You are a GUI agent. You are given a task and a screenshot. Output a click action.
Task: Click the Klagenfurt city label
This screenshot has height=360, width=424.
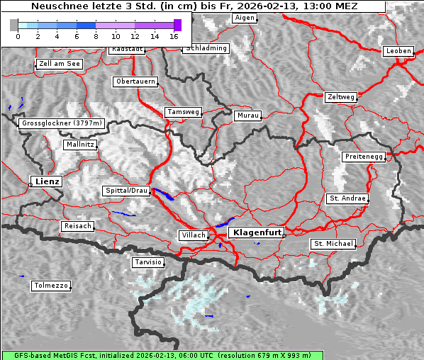[x=257, y=232]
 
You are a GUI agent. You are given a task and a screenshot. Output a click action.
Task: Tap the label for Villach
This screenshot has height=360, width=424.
[x=194, y=235]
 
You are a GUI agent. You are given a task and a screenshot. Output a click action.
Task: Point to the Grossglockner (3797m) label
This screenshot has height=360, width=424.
[x=62, y=123]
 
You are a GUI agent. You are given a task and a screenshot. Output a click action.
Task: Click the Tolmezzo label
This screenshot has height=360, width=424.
[x=51, y=286]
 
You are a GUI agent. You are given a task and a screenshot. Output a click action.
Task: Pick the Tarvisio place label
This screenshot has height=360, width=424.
[x=148, y=262]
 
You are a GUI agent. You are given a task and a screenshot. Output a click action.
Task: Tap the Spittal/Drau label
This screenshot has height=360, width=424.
[x=127, y=191]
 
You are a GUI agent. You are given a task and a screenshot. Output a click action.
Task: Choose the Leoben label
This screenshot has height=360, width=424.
[x=398, y=51]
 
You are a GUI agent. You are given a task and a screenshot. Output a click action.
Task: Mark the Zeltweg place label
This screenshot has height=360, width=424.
[x=340, y=96]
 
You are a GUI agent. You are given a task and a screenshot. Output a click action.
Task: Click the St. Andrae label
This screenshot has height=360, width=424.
[x=347, y=198]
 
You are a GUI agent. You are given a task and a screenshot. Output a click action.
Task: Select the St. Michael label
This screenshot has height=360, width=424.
[x=333, y=244]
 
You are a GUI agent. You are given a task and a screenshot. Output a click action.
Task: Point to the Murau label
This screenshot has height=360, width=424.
[x=248, y=115]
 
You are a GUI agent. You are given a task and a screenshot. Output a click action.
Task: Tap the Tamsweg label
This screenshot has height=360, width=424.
[x=184, y=112]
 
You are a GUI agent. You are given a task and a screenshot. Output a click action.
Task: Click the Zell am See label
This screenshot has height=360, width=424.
[x=60, y=64]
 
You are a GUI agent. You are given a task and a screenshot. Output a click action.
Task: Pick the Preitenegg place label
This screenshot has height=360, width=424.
[x=364, y=157]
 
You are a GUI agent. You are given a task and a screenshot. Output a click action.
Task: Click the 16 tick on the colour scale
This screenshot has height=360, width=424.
[x=174, y=35]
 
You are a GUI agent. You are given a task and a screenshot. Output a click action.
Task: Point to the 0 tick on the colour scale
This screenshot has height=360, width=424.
[x=17, y=35]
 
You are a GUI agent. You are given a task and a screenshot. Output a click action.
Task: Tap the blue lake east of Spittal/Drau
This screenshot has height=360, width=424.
[x=163, y=195]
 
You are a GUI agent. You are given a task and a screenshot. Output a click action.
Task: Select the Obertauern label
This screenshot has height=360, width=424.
[x=135, y=81]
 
